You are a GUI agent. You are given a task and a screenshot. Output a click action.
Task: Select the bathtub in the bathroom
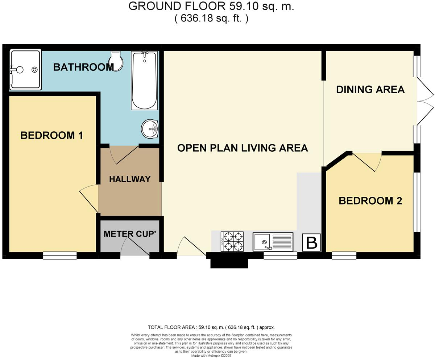point(144,80)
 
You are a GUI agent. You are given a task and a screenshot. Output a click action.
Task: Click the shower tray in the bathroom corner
point(25,70)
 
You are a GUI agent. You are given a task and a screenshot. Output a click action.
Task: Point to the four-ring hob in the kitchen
point(232,241)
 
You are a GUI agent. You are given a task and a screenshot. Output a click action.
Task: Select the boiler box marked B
point(311,242)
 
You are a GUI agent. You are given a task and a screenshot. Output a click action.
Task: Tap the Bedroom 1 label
point(51,136)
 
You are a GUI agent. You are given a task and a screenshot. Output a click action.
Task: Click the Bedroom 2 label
point(370,201)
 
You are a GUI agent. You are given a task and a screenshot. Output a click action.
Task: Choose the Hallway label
point(130,179)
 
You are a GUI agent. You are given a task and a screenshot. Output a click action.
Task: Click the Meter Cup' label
point(129,234)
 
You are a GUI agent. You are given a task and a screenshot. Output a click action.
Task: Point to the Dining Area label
point(370,90)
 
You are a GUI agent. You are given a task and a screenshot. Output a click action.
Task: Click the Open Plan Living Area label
point(243,148)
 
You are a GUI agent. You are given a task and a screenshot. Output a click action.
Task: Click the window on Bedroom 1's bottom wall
point(60,255)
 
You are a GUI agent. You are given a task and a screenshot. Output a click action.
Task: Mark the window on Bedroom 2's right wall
point(417,202)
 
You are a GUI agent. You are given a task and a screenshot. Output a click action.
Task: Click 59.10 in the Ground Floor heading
point(244,6)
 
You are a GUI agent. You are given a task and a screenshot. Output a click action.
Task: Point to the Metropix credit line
point(211,356)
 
